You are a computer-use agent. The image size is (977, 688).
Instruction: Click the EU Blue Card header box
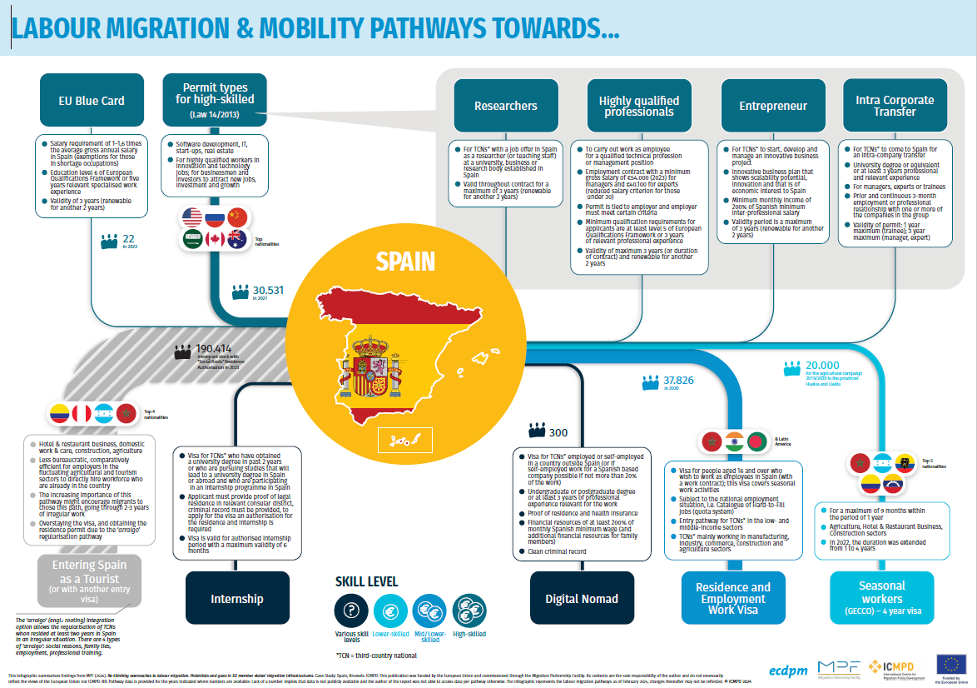tap(92, 101)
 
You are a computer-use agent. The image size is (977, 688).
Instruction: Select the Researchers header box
tap(505, 106)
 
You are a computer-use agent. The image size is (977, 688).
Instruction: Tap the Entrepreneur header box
tap(773, 106)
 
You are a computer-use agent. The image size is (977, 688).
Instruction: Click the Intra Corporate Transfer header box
tap(895, 106)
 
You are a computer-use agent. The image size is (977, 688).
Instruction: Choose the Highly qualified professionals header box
tap(639, 106)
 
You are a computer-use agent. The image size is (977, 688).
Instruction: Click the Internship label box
tap(237, 598)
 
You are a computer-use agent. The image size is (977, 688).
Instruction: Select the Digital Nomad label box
tap(582, 598)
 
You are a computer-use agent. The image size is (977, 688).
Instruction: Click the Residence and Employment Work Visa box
tap(732, 598)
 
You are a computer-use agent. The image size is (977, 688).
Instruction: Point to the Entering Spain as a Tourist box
tap(90, 579)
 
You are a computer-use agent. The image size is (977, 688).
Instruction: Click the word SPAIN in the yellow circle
tap(405, 262)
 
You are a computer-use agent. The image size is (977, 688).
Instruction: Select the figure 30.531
tap(268, 291)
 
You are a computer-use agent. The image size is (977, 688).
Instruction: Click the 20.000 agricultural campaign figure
tap(822, 366)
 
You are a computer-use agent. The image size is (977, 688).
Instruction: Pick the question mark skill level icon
tap(350, 610)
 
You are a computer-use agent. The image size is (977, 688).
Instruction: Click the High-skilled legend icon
tap(469, 610)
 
